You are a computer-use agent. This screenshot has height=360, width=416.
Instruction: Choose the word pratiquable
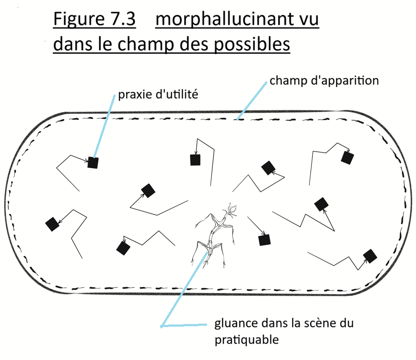[x=247, y=340]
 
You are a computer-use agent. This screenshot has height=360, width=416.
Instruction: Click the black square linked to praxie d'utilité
[x=93, y=163]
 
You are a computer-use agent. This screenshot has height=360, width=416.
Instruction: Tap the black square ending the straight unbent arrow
[x=264, y=240]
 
